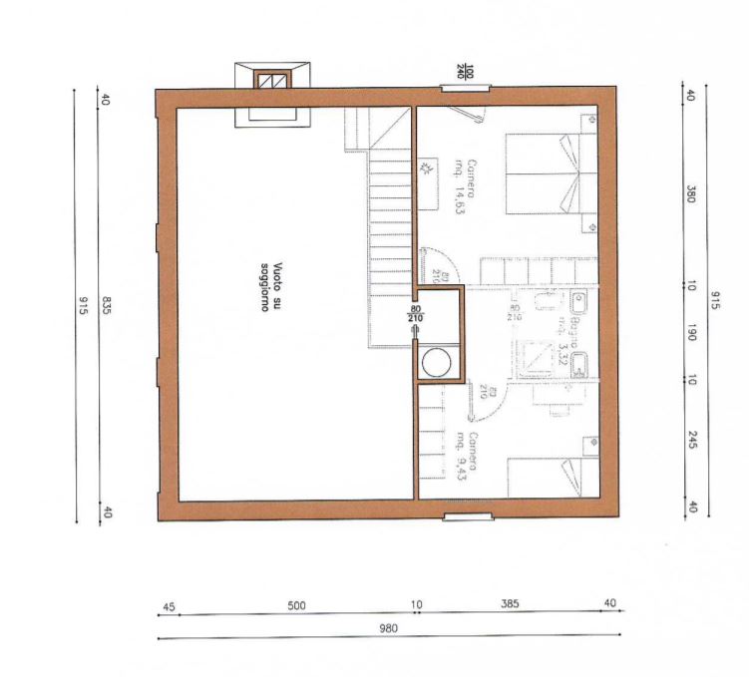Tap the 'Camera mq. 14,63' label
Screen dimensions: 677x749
click(x=466, y=186)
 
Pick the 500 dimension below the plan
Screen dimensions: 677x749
click(x=295, y=605)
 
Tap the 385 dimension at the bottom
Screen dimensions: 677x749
click(x=511, y=605)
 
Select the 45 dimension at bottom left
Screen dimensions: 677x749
click(x=169, y=605)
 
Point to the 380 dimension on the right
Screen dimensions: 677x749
click(x=690, y=192)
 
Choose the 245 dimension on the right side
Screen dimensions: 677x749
click(x=690, y=439)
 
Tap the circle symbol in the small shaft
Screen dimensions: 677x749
click(x=436, y=362)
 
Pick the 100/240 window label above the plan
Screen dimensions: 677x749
click(x=468, y=72)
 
